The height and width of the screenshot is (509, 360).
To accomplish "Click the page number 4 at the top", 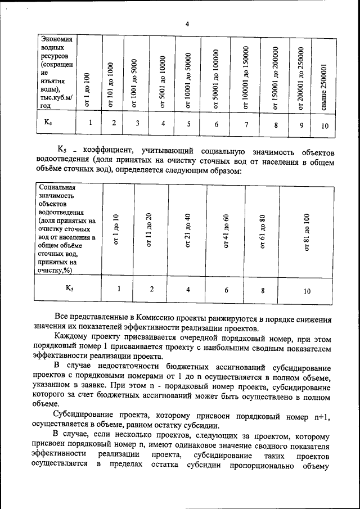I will [x=187, y=24].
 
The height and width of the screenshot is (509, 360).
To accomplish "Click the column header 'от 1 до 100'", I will [x=87, y=90].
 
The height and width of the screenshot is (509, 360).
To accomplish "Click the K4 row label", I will [x=49, y=122].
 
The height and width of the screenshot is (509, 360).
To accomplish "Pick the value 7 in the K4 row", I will [x=246, y=124].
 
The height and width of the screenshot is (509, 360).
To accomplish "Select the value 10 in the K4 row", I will [x=325, y=126].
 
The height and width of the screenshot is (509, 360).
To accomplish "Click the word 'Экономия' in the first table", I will [x=56, y=39].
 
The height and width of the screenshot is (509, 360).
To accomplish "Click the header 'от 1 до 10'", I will [x=116, y=230].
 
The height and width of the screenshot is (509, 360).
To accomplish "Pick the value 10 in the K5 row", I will [x=307, y=291].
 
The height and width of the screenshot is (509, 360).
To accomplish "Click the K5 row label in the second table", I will [x=69, y=288].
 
